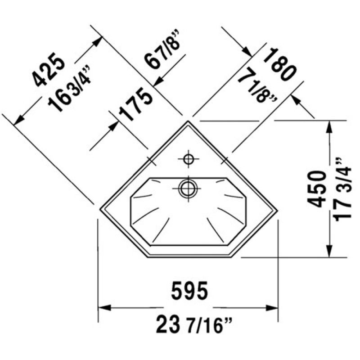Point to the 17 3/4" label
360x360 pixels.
click(343, 189)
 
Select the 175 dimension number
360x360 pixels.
click(135, 104)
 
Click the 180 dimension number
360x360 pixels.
click(280, 64)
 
